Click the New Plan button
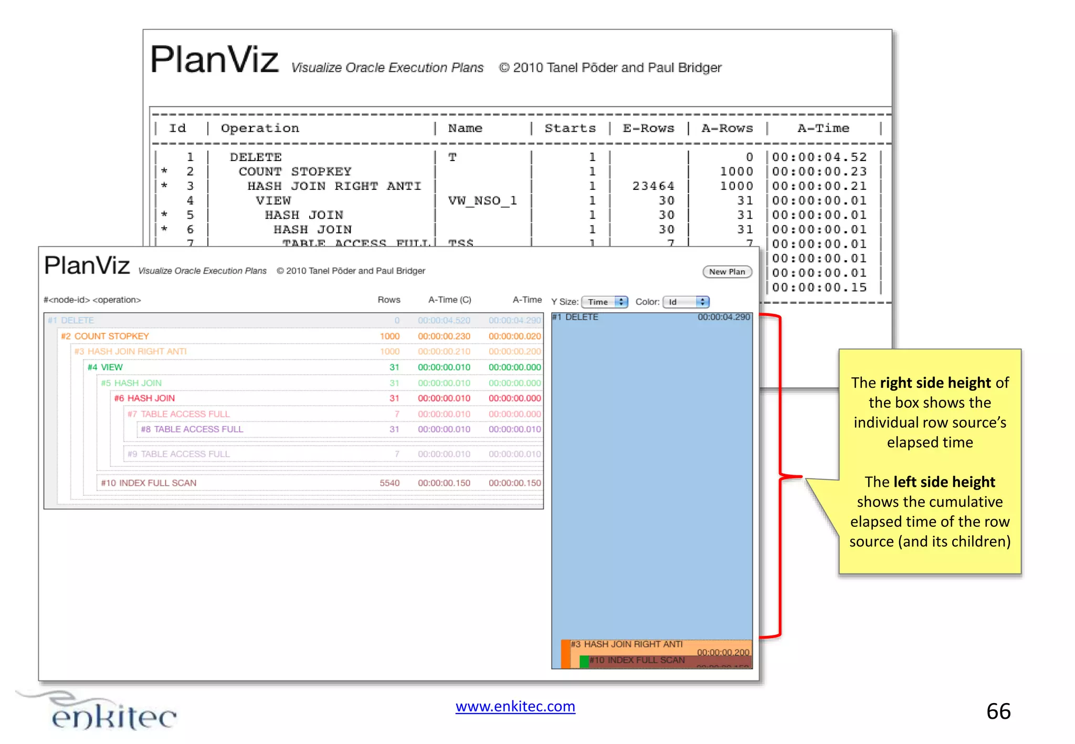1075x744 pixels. [727, 272]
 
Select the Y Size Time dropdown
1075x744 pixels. [605, 302]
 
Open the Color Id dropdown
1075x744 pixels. [686, 302]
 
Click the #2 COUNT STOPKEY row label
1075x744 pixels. [105, 336]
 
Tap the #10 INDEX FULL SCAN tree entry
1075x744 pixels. [149, 483]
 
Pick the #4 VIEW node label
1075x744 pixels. [105, 367]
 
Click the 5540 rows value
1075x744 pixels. [389, 483]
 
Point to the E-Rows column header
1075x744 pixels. [648, 128]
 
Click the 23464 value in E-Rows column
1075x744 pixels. [653, 186]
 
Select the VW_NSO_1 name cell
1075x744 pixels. [482, 200]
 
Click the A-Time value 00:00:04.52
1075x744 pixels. [819, 157]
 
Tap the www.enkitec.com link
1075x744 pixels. [515, 706]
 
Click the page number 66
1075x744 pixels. [998, 711]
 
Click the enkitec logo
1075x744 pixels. [105, 714]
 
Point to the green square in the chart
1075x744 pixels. [584, 662]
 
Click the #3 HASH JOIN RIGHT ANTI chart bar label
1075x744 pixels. [627, 644]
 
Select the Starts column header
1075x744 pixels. [570, 128]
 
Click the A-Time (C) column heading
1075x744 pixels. [449, 300]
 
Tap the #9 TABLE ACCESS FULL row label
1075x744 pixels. [178, 454]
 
